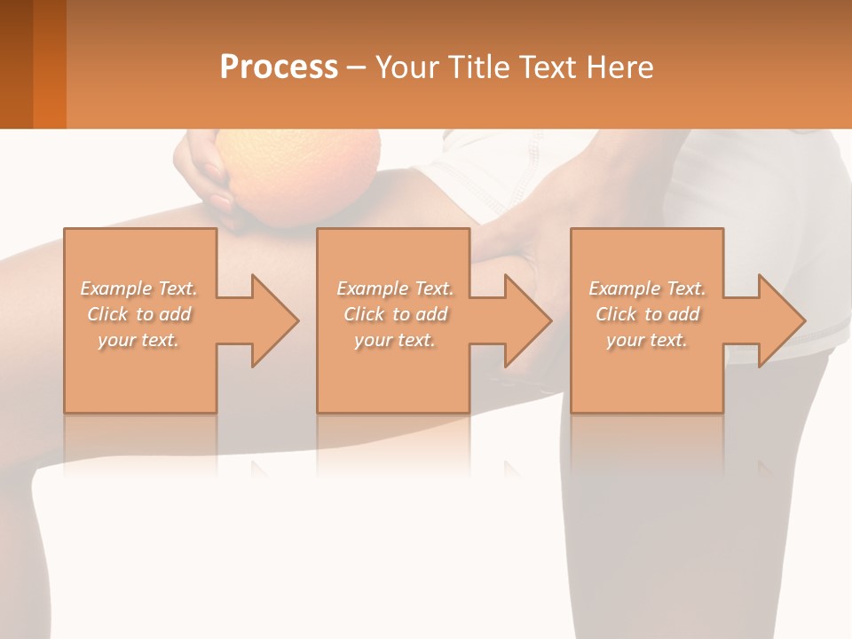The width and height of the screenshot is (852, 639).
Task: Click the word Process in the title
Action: coord(279,67)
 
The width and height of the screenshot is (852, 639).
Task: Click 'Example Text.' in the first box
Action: coord(139,288)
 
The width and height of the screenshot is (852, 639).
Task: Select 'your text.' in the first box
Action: coord(139,340)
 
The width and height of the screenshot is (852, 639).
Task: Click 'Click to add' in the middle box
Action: coord(395,314)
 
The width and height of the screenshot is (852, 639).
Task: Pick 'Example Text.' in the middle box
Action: coord(395,288)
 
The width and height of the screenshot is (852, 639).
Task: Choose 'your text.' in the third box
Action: coord(647,340)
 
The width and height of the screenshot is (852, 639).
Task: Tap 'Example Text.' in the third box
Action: coord(647,288)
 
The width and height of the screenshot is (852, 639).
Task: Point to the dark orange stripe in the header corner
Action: coord(49,64)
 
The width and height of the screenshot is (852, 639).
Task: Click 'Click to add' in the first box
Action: coord(139,314)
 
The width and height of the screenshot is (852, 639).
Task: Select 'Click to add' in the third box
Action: coord(647,314)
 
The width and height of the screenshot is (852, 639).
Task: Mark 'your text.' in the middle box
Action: coord(395,340)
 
